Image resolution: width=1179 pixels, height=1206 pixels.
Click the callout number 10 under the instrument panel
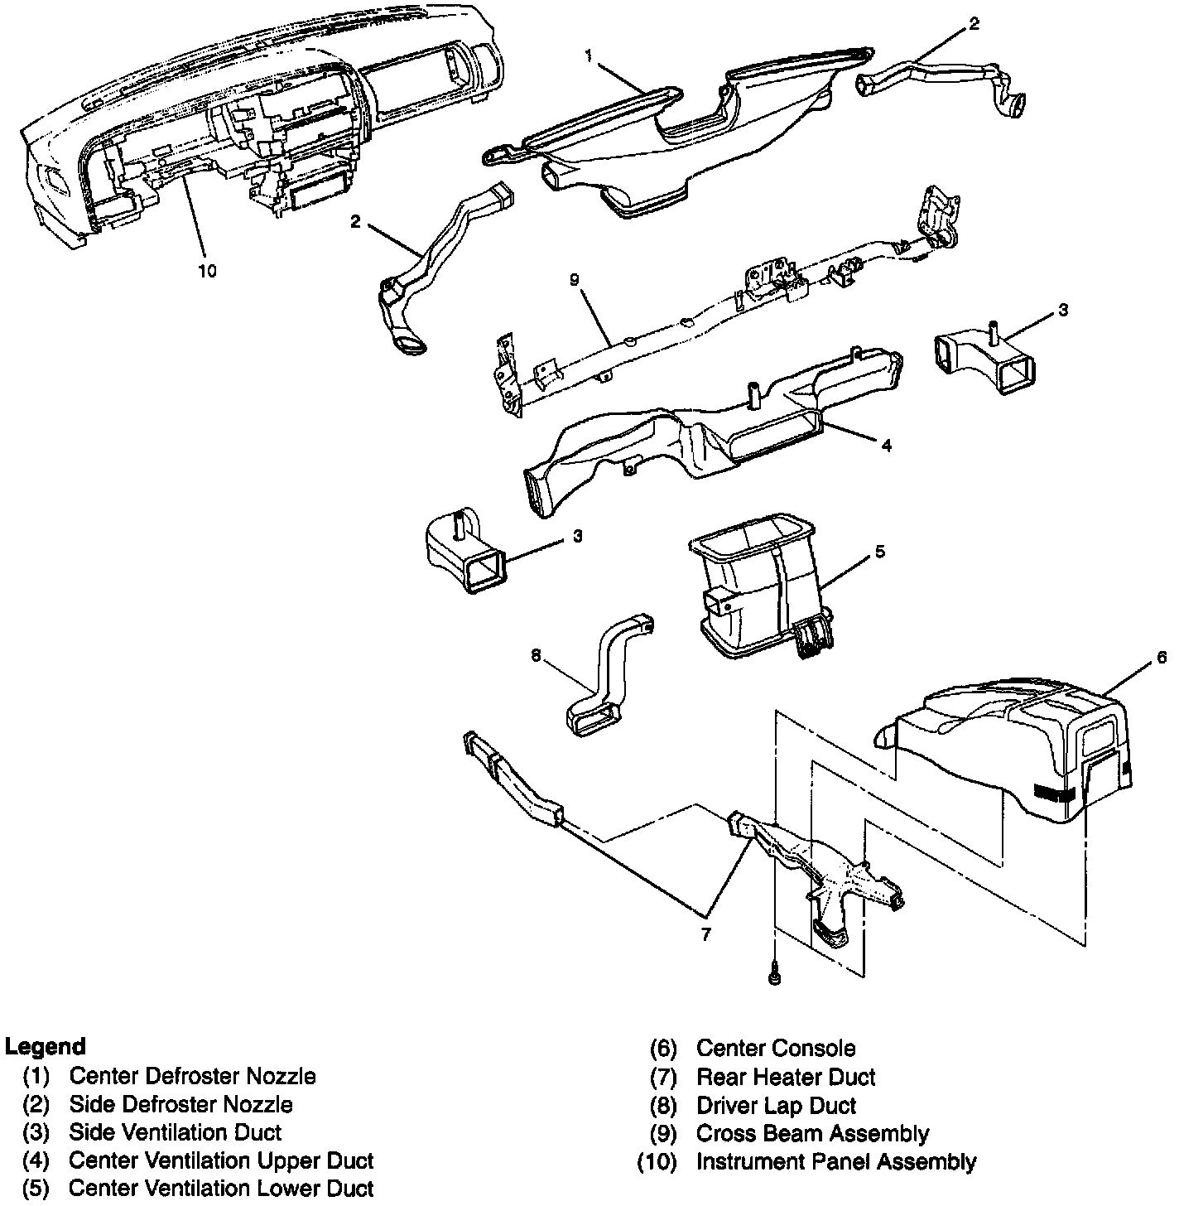click(x=207, y=271)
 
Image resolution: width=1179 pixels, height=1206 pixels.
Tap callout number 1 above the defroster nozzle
click(x=588, y=55)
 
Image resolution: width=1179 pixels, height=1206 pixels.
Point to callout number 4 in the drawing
click(x=886, y=446)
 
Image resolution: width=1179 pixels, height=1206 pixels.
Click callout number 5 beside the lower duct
click(x=879, y=551)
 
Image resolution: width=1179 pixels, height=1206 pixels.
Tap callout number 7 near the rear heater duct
click(x=705, y=934)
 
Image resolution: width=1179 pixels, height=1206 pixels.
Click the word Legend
click(x=46, y=1046)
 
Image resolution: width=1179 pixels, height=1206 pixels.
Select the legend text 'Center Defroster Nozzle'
click(x=192, y=1076)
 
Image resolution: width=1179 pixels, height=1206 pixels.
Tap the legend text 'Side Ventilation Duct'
click(x=175, y=1131)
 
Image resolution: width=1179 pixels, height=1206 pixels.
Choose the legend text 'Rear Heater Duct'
click(x=785, y=1077)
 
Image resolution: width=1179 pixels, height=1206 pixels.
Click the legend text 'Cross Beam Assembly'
click(x=812, y=1133)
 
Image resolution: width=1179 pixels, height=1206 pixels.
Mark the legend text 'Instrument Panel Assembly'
click(x=835, y=1161)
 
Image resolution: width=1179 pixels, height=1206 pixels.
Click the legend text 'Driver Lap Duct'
click(x=776, y=1105)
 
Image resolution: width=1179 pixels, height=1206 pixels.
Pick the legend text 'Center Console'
click(x=775, y=1048)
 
